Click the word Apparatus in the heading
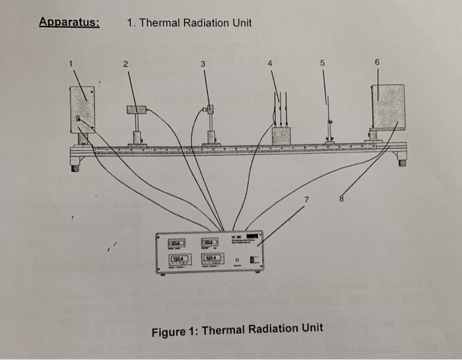(x=69, y=22)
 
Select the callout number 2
(x=123, y=64)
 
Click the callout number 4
(x=270, y=64)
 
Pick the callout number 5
(x=323, y=63)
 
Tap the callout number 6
(x=377, y=61)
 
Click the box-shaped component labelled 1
(x=83, y=109)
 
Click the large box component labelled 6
(x=388, y=106)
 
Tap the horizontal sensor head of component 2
(x=137, y=110)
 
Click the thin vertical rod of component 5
(x=327, y=112)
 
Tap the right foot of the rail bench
(x=402, y=159)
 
